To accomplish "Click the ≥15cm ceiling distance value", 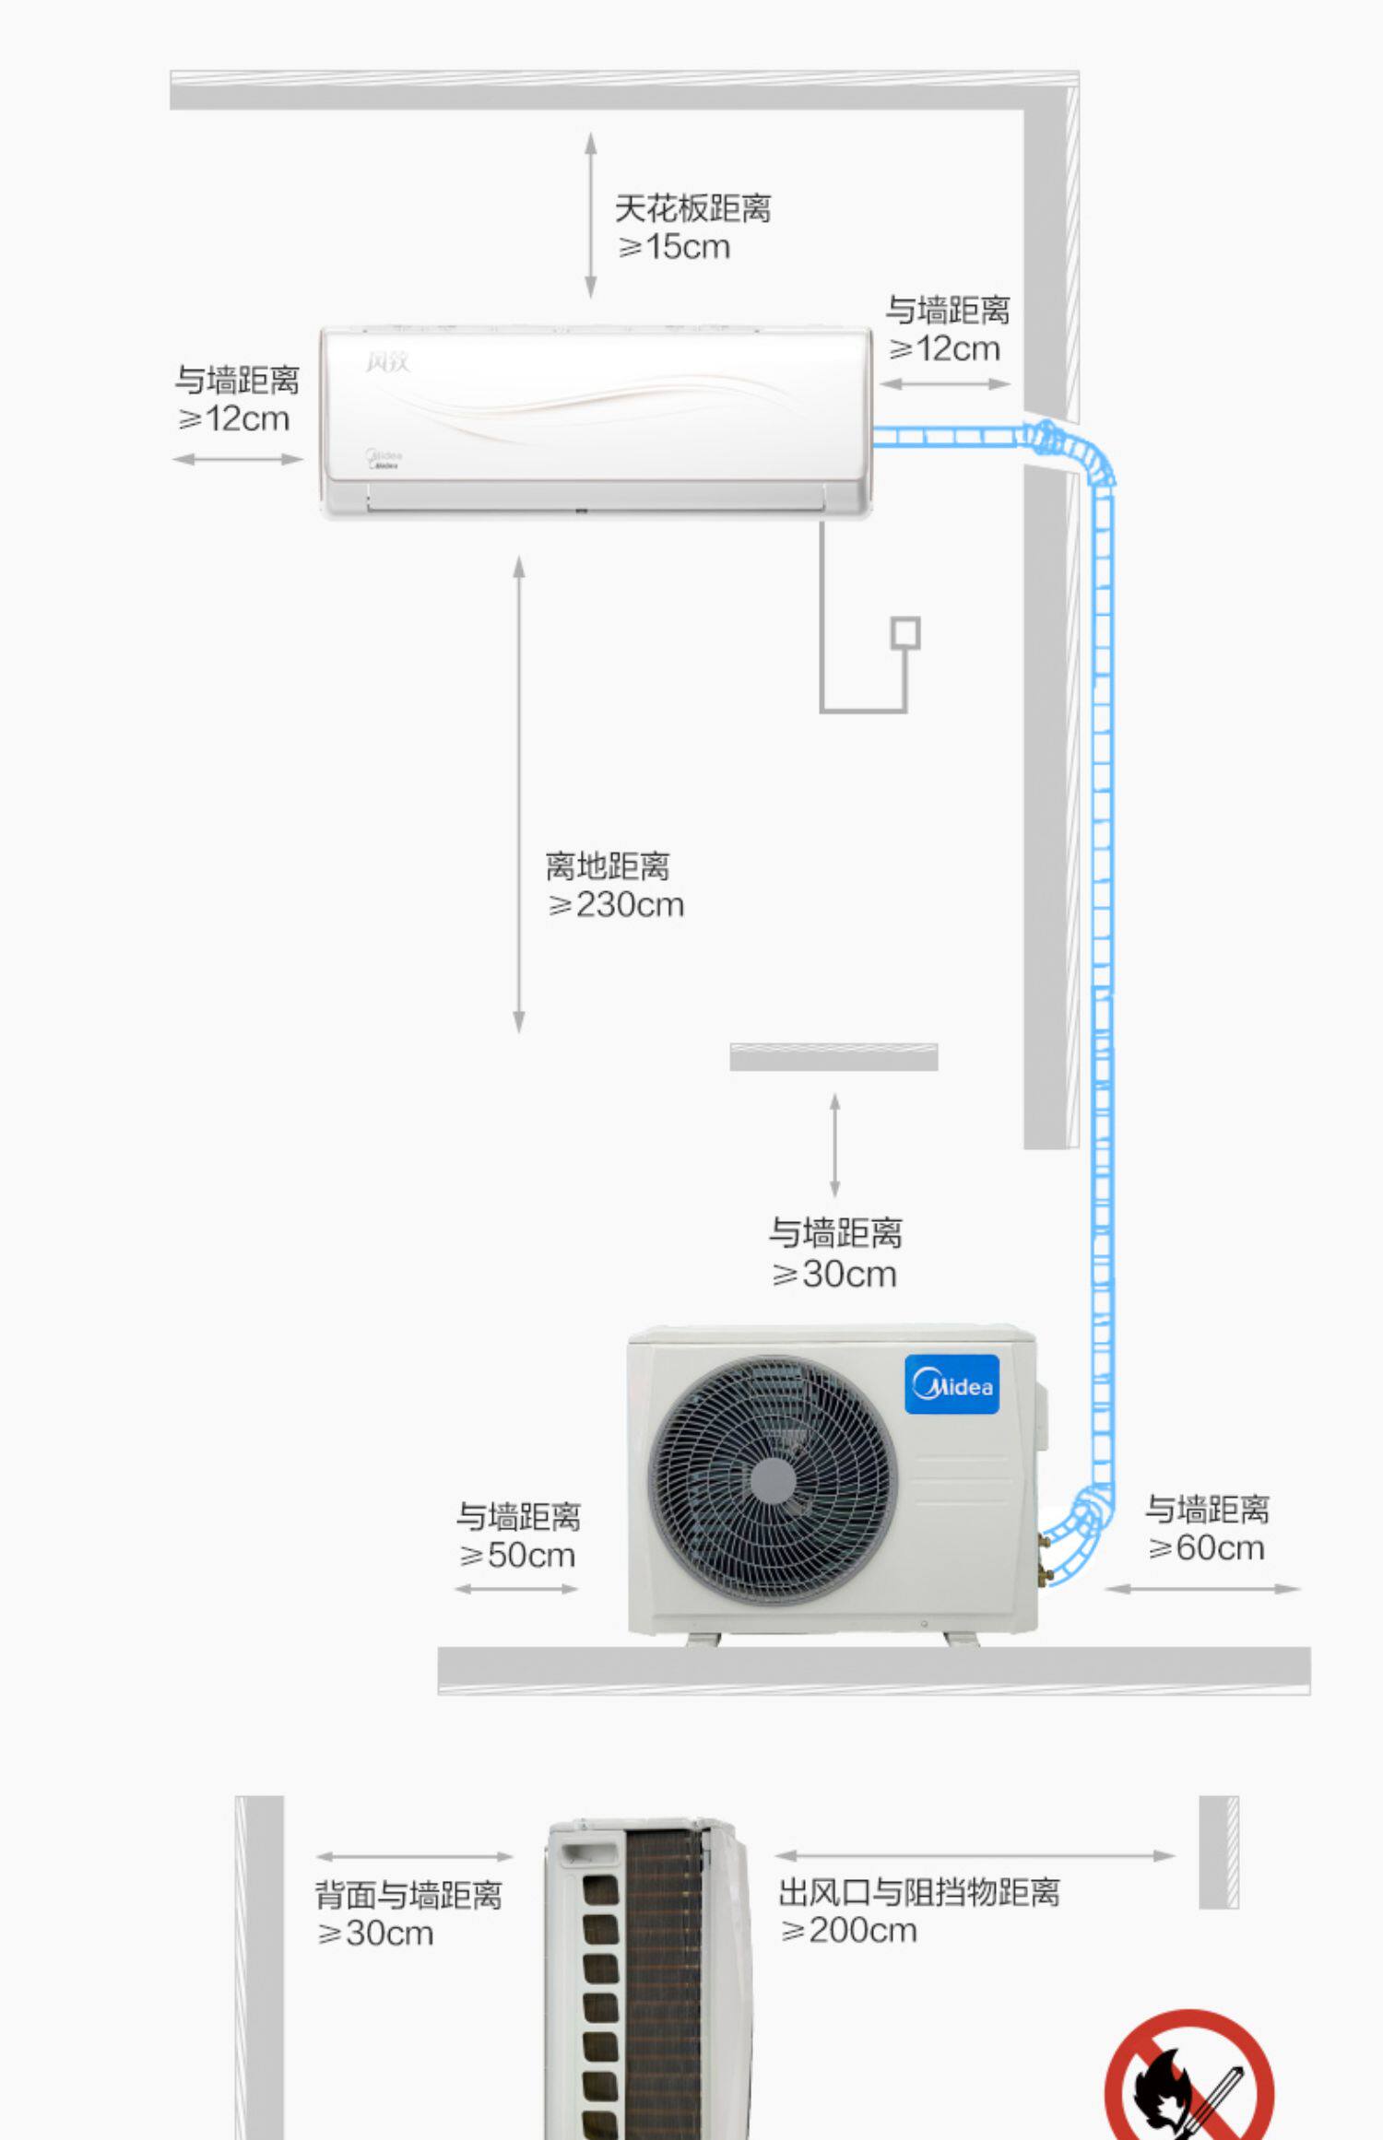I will click(x=674, y=247).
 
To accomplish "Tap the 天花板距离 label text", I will click(x=692, y=208).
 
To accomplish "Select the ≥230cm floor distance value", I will click(x=616, y=905).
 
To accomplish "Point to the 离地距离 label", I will click(x=608, y=866).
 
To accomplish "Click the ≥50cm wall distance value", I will click(x=517, y=1556).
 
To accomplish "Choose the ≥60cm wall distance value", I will click(x=1206, y=1548).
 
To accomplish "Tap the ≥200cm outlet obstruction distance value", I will click(x=848, y=1931).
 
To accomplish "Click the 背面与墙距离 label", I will click(x=408, y=1895).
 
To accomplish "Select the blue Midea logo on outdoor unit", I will click(x=952, y=1384).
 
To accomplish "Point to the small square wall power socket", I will click(x=904, y=633).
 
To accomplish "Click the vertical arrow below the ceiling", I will click(x=591, y=215).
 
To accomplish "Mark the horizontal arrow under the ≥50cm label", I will click(x=516, y=1589).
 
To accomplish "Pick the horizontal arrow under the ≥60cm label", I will click(x=1201, y=1589).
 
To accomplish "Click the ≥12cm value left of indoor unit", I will click(x=233, y=419).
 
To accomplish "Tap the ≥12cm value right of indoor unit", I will click(x=944, y=349).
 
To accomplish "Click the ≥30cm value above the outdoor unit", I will click(x=834, y=1275).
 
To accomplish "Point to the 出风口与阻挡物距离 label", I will click(x=918, y=1892).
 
